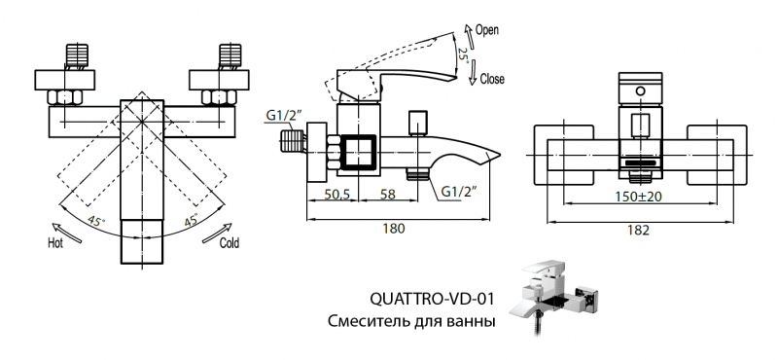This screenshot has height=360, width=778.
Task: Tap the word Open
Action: point(487,30)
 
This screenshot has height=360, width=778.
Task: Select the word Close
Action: point(491,79)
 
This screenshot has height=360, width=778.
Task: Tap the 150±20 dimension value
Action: point(638,197)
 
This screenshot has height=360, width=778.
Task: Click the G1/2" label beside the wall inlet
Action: point(284,117)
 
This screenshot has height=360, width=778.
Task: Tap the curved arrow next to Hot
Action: point(59,226)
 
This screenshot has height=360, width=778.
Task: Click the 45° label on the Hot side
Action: point(97,222)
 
